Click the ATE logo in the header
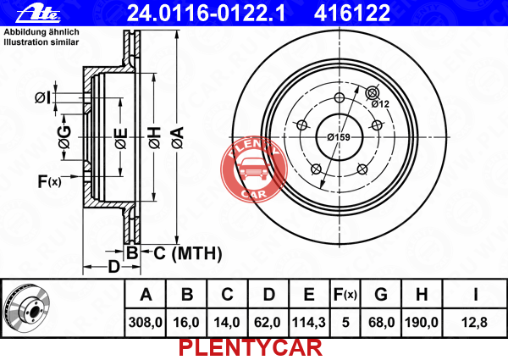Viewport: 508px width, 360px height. [38, 14]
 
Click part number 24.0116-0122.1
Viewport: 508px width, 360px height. [206, 13]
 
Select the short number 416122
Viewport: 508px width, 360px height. [352, 13]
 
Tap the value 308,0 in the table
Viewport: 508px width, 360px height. [145, 323]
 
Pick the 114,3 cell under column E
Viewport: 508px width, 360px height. [309, 323]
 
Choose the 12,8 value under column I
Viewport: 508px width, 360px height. [474, 323]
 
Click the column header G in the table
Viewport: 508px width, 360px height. [381, 295]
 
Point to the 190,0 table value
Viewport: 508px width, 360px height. [421, 323]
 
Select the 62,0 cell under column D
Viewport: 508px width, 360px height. [268, 323]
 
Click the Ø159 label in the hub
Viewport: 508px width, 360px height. [339, 137]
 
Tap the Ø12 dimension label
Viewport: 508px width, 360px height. [380, 104]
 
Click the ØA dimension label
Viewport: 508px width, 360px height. [178, 138]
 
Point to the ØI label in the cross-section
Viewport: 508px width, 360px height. [43, 97]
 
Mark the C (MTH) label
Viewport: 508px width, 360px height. [188, 253]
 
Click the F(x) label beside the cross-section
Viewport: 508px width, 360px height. [49, 181]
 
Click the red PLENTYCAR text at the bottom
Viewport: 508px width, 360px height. [251, 348]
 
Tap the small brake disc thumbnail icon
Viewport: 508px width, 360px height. [26, 308]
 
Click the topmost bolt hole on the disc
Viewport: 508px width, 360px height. [340, 97]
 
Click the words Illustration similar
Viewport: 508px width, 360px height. [41, 42]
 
